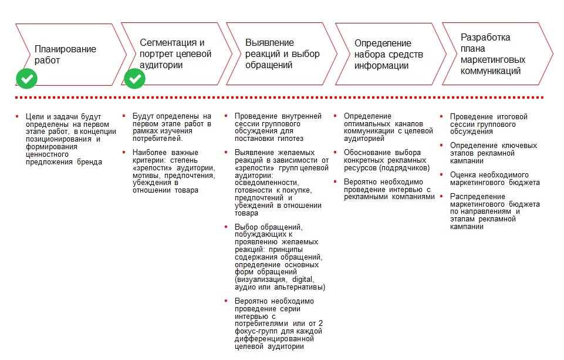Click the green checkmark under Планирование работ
click(x=26, y=78)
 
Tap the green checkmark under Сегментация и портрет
click(x=135, y=78)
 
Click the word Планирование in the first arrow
click(x=65, y=49)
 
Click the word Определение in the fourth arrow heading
click(x=383, y=43)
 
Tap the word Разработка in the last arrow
click(x=485, y=37)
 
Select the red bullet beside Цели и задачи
click(x=17, y=117)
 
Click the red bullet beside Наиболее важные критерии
click(x=125, y=153)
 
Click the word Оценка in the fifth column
click(x=462, y=174)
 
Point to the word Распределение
click(x=477, y=196)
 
